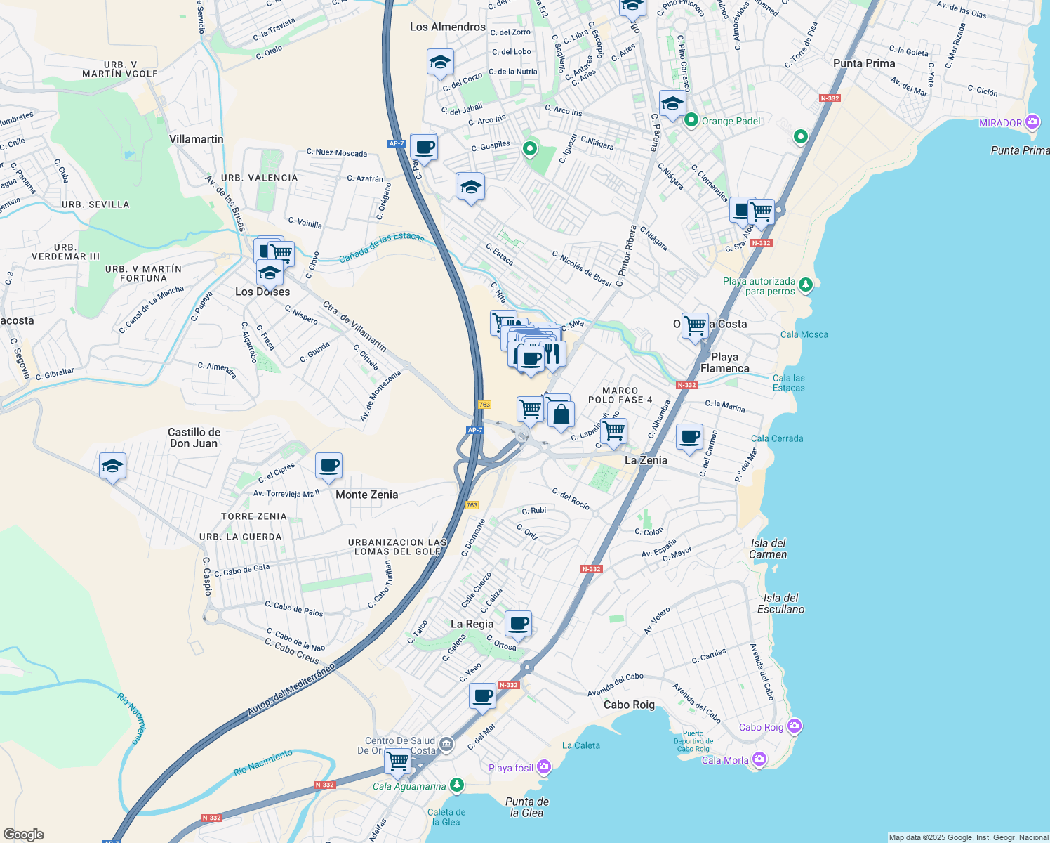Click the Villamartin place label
tap(197, 139)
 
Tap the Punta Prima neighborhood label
tap(864, 63)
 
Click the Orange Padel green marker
tap(691, 121)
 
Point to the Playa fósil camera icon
tap(544, 767)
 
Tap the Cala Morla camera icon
tap(759, 759)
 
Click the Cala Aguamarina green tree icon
tap(457, 785)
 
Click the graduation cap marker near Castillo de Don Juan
tap(112, 466)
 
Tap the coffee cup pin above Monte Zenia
tap(328, 465)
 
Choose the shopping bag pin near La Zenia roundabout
tap(561, 415)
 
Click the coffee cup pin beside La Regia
tap(518, 623)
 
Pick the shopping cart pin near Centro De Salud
tap(398, 761)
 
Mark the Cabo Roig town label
tap(629, 705)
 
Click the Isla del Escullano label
tap(780, 603)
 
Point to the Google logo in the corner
tap(24, 834)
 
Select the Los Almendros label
tap(448, 27)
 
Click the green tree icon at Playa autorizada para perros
tap(806, 285)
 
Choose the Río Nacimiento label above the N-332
tap(262, 762)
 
